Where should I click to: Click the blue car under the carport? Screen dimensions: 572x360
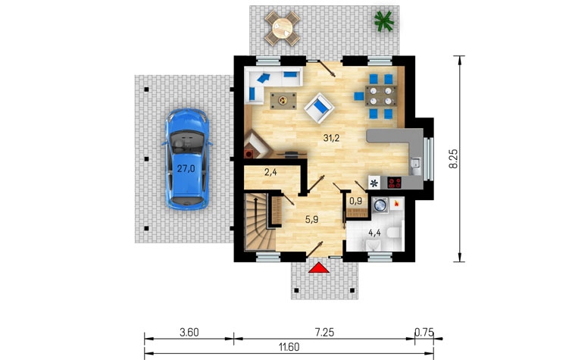[187, 159]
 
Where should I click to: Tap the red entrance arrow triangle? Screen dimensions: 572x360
[319, 268]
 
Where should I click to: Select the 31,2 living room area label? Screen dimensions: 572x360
[331, 138]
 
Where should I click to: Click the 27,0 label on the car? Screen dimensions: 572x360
[186, 169]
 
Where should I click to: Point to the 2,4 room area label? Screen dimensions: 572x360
[270, 172]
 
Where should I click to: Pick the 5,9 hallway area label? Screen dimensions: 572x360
[312, 220]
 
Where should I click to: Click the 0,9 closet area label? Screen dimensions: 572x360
[355, 201]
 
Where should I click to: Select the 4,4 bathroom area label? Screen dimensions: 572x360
[375, 233]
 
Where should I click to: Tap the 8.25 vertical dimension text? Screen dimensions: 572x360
[453, 159]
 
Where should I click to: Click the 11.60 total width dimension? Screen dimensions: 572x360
[289, 347]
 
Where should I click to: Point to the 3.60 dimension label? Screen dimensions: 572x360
[189, 333]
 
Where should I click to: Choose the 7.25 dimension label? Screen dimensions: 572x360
[324, 332]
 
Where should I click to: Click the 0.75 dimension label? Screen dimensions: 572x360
[424, 332]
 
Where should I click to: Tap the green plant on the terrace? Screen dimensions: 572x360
[384, 20]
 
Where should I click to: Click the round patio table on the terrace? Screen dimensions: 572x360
[282, 28]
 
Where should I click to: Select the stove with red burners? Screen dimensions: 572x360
[395, 183]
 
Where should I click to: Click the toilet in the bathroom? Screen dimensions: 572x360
[394, 233]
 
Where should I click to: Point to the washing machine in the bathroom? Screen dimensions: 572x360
[381, 205]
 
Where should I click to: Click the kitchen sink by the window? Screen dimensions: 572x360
[415, 167]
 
